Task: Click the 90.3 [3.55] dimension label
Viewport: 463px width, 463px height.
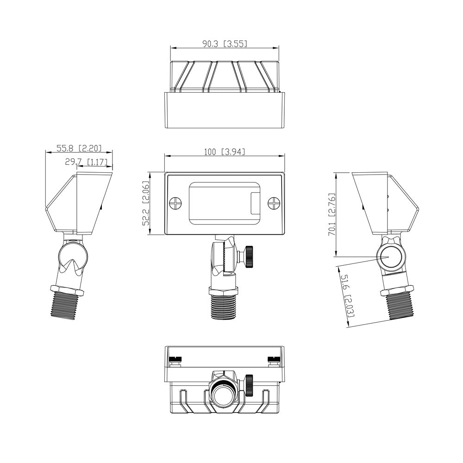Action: pos(225,44)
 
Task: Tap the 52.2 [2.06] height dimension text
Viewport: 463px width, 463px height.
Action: pos(145,203)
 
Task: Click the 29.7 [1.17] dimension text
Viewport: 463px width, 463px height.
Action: pos(86,162)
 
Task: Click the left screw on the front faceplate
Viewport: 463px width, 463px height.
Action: pos(175,203)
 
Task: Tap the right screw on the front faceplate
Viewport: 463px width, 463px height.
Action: pos(275,203)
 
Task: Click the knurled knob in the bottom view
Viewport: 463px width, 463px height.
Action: pos(249,385)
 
